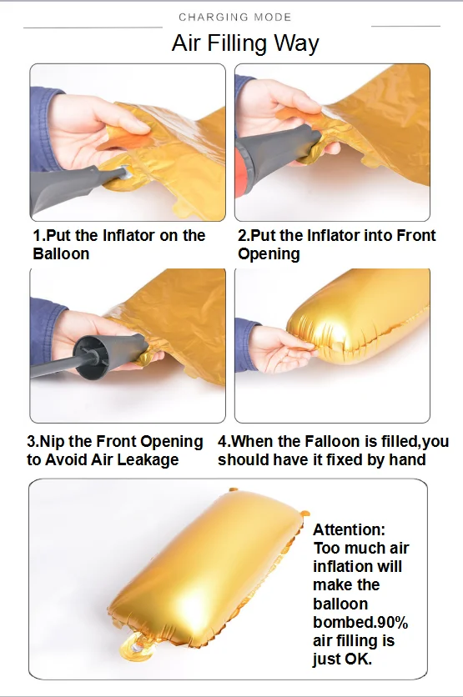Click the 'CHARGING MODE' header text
[234, 18]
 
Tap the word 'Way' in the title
[296, 44]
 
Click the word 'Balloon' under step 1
[61, 253]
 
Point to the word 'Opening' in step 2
[269, 254]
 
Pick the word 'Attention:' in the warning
[350, 529]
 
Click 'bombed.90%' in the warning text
[360, 622]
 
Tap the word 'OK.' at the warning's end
[359, 659]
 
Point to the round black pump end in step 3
[92, 357]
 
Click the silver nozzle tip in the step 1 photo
[125, 173]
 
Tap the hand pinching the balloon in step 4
[281, 349]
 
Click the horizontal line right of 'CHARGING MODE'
[405, 26]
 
